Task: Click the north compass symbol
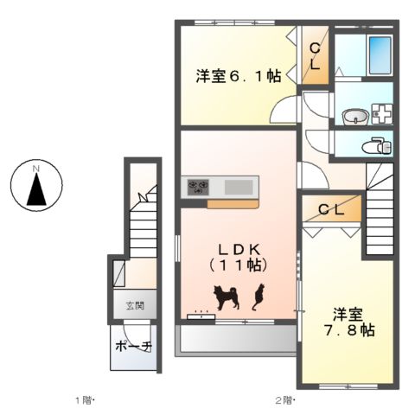pyautogui.click(x=36, y=185)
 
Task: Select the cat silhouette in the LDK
pyautogui.click(x=257, y=297)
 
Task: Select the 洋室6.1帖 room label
pyautogui.click(x=236, y=77)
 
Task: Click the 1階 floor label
pyautogui.click(x=84, y=400)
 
